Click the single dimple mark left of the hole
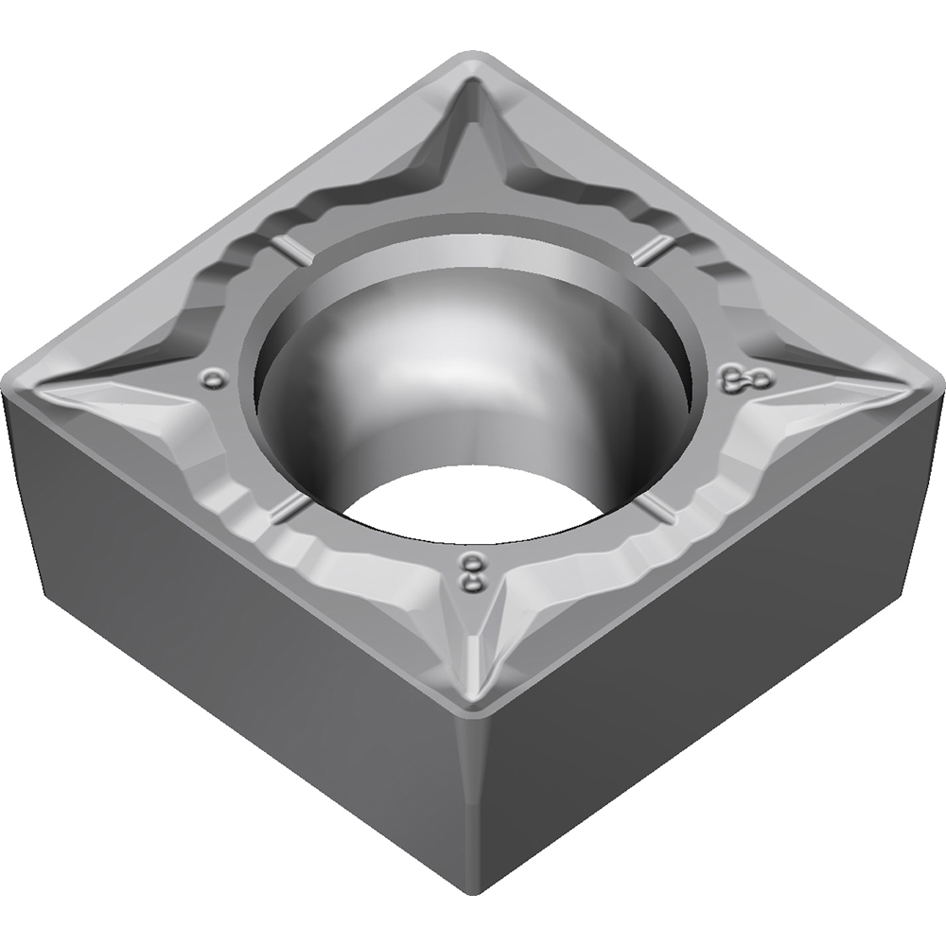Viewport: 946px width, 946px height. tap(217, 379)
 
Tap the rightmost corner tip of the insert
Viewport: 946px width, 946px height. tap(938, 384)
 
